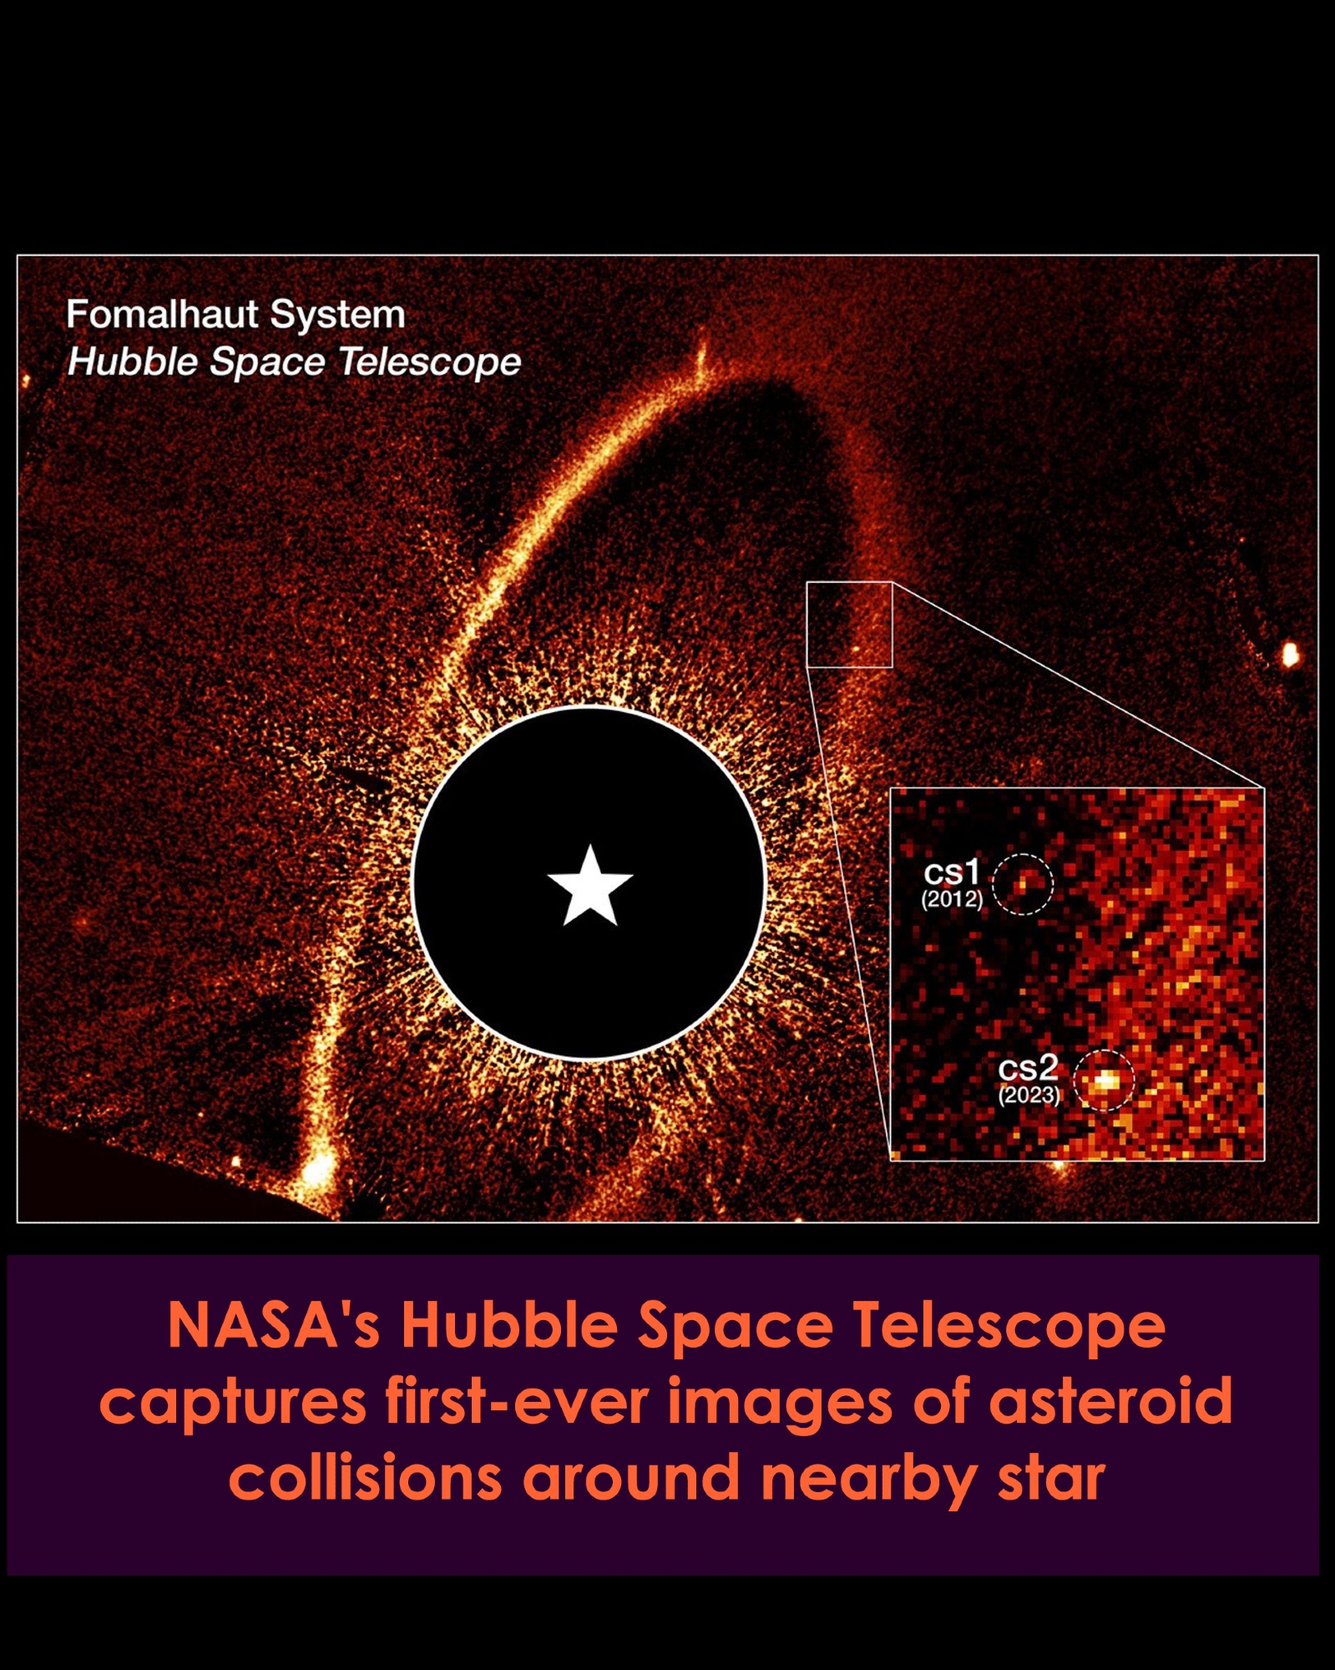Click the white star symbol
[x=590, y=886]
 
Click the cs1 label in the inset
[x=951, y=873]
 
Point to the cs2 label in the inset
[x=1028, y=1068]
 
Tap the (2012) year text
[x=952, y=899]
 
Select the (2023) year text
[x=1029, y=1095]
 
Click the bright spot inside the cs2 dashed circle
[x=1105, y=1081]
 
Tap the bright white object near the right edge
[x=1290, y=654]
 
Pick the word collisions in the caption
[x=366, y=1478]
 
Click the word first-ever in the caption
[x=517, y=1401]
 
